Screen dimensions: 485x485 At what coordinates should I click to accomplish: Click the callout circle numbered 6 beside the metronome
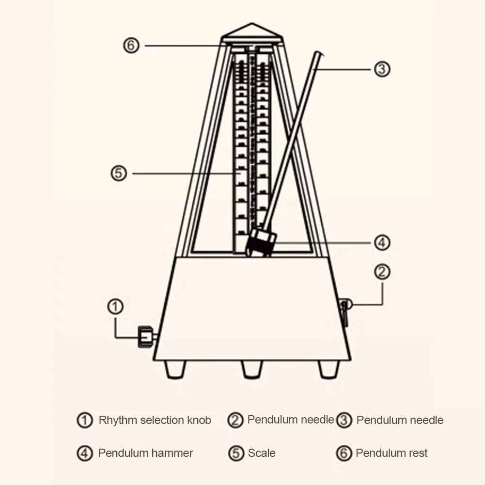pos(131,46)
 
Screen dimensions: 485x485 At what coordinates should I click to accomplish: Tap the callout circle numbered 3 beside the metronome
pos(382,69)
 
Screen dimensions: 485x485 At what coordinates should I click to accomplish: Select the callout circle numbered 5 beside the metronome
pos(119,173)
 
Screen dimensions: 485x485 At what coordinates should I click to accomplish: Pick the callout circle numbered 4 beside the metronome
pos(382,242)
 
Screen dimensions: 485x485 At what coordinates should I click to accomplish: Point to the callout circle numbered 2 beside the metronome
pos(382,272)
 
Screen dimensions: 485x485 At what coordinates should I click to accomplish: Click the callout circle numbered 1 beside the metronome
pos(115,306)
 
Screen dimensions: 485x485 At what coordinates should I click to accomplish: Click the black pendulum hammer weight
pos(262,244)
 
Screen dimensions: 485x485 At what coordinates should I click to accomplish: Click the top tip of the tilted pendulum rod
pos(318,54)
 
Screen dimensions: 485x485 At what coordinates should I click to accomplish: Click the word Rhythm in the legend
pos(118,420)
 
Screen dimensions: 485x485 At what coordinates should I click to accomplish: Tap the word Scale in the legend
pos(262,454)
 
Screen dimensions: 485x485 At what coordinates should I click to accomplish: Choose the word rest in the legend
pos(417,454)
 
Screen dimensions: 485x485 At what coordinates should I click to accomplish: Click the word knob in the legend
pos(199,420)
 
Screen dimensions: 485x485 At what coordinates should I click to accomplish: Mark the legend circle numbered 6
pos(344,454)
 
